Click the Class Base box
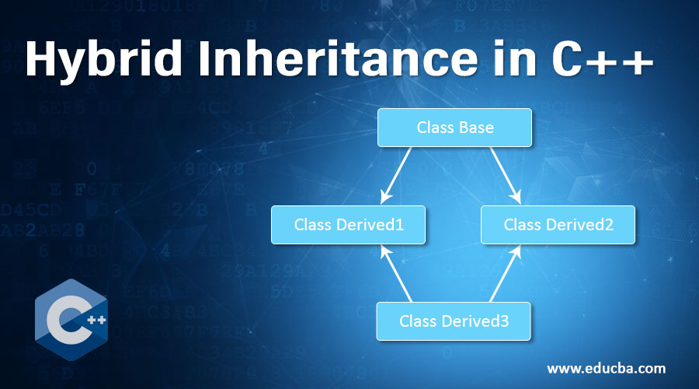coord(454,127)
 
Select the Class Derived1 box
coord(348,225)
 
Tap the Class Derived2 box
coord(558,225)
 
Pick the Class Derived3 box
coord(454,321)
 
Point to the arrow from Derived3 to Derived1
coord(397,273)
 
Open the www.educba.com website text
coord(606,367)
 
